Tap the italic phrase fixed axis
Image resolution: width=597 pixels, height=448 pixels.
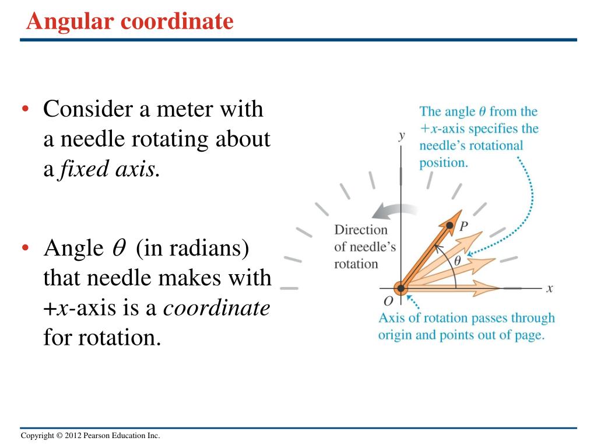[108, 170]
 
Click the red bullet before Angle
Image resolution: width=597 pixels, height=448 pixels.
[25, 249]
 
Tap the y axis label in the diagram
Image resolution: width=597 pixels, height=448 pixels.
[401, 135]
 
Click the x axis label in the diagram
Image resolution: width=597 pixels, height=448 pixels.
[549, 288]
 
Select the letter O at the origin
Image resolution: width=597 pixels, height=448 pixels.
[388, 300]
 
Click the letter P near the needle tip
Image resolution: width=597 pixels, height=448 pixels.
[463, 226]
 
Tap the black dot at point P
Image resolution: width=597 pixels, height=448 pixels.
[450, 225]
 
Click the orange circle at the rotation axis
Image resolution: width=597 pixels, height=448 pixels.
[401, 288]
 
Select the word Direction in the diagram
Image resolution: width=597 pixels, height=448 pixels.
[360, 230]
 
